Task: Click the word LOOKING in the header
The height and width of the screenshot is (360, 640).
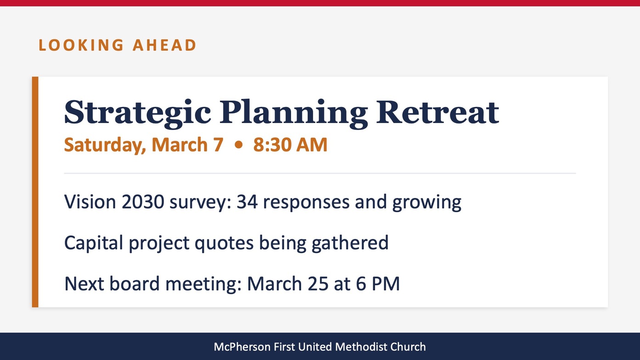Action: pyautogui.click(x=81, y=45)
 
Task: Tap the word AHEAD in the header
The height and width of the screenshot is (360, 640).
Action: pyautogui.click(x=164, y=45)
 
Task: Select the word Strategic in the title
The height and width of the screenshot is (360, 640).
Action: pyautogui.click(x=138, y=113)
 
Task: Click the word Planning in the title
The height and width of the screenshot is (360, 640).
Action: pyautogui.click(x=294, y=113)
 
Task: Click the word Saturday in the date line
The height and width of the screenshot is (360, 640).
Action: pyautogui.click(x=105, y=145)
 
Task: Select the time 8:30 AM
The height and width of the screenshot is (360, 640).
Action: pyautogui.click(x=290, y=145)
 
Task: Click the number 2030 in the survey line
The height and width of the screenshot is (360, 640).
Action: pyautogui.click(x=143, y=202)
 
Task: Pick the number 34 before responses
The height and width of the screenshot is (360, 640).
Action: pyautogui.click(x=247, y=202)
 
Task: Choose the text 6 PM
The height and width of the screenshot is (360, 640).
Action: pyautogui.click(x=378, y=284)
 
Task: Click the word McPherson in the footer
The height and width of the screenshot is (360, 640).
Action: pyautogui.click(x=242, y=347)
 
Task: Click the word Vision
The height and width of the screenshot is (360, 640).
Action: pyautogui.click(x=90, y=202)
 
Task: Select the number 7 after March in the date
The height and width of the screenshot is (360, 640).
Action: pyautogui.click(x=218, y=145)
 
